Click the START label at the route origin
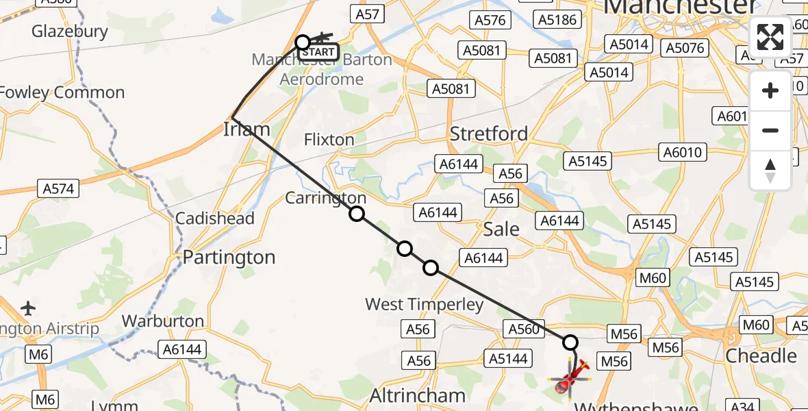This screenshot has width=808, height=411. (319, 52)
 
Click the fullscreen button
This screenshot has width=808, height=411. (770, 37)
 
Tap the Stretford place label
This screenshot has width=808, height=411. (488, 134)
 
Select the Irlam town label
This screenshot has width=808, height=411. (247, 129)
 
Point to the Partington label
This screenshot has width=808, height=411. (229, 258)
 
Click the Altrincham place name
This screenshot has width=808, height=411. (418, 395)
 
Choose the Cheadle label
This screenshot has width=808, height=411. (761, 356)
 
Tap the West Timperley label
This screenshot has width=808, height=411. (425, 304)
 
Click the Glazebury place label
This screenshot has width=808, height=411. (70, 32)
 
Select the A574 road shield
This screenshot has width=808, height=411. (60, 188)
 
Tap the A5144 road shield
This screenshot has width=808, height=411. (506, 358)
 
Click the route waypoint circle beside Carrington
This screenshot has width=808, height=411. (357, 214)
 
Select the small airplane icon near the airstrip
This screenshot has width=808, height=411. (28, 308)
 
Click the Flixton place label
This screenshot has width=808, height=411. (329, 140)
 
